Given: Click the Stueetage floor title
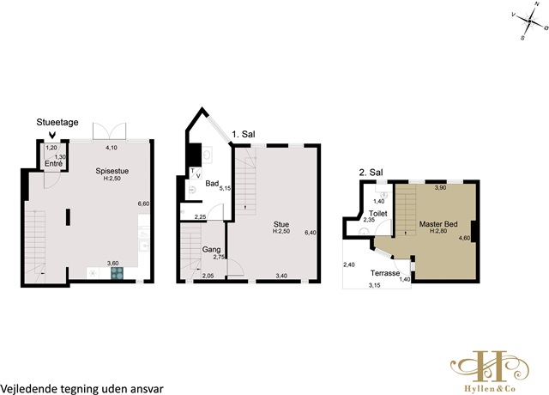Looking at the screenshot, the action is [x=57, y=122].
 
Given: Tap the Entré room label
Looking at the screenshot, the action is [x=53, y=164].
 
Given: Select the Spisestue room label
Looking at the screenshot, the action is [x=112, y=171].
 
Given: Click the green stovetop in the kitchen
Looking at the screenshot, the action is [x=118, y=273].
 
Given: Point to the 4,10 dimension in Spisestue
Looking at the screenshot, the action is [x=112, y=148].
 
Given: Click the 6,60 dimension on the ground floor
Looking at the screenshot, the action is [x=143, y=204].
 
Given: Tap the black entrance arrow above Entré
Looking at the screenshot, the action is [x=52, y=135].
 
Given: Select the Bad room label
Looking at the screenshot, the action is [x=212, y=183].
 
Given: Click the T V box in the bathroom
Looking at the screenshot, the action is [x=196, y=173].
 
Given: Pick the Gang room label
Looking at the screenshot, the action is [x=212, y=250].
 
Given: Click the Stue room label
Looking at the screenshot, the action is [x=281, y=224].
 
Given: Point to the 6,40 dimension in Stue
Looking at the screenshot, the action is [x=311, y=233].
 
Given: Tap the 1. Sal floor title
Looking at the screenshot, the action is [x=244, y=134].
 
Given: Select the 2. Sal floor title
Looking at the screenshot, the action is [x=371, y=173].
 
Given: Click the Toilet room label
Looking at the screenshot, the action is [x=378, y=214].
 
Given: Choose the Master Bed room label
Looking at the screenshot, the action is [x=438, y=224].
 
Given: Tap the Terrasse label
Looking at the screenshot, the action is [x=385, y=273].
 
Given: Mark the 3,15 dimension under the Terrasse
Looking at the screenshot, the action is [x=374, y=285].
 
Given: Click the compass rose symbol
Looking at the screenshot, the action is [x=529, y=21].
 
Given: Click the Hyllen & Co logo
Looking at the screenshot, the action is [x=490, y=370].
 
